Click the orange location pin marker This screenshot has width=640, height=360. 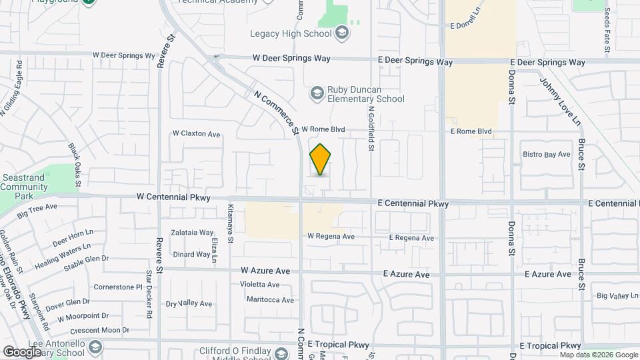[x=321, y=160]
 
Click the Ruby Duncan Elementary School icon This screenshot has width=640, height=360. [x=316, y=93]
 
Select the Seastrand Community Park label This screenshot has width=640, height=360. [x=24, y=183]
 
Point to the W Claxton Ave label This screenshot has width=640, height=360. [x=196, y=134]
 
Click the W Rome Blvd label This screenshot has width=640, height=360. [x=323, y=129]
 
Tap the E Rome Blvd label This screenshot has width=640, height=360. [x=471, y=131]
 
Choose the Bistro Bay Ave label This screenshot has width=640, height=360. [x=547, y=154]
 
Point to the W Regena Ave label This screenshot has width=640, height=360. [x=331, y=237]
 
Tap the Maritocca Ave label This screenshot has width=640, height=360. [x=270, y=300]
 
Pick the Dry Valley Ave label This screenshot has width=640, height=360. [x=189, y=303]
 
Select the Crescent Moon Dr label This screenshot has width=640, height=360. [x=102, y=330]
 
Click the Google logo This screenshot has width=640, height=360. [x=22, y=351]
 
